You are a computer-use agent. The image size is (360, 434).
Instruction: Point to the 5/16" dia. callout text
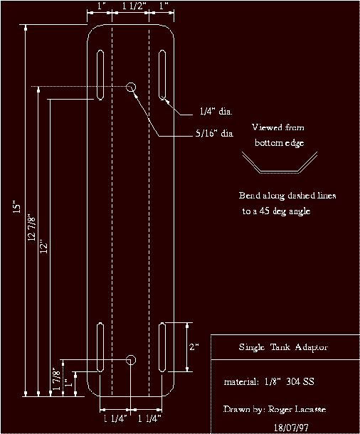point(214,133)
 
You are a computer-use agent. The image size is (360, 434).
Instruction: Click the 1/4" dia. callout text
point(216,112)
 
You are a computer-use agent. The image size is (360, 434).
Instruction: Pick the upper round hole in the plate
point(131,87)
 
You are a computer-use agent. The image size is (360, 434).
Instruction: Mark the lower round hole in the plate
point(131,359)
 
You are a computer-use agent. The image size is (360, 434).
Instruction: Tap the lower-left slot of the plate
point(100,347)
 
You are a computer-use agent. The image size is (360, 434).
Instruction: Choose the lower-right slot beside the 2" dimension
point(163,347)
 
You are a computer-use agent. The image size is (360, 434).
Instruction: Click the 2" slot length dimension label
point(195,346)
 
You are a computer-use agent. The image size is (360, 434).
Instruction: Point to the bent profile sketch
point(278,165)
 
